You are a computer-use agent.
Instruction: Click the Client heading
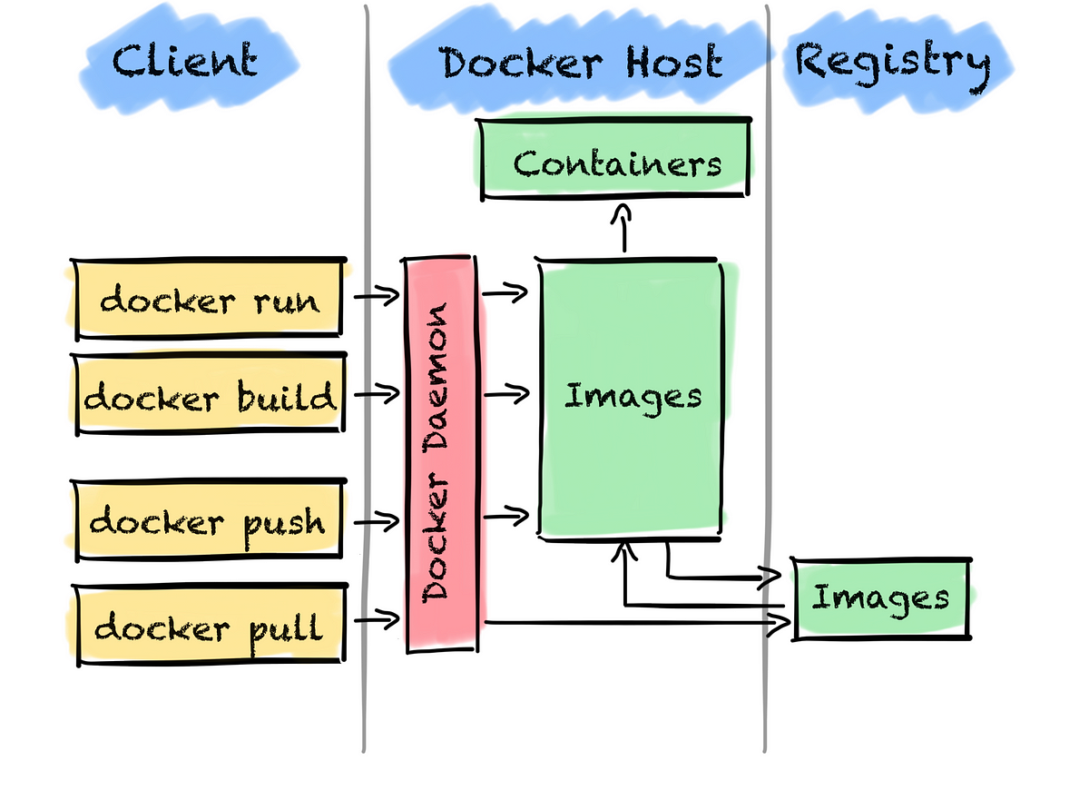(x=184, y=62)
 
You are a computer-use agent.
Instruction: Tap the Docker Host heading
(x=581, y=64)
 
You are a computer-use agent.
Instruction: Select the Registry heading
(x=892, y=62)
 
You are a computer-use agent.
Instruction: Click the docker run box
(x=209, y=298)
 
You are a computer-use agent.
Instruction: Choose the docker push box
(x=208, y=521)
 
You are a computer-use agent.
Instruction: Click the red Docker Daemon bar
(x=441, y=454)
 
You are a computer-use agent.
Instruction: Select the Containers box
(x=616, y=163)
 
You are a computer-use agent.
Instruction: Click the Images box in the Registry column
(x=880, y=598)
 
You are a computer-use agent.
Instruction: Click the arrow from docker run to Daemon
(x=376, y=295)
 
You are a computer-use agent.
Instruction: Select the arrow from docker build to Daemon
(x=376, y=394)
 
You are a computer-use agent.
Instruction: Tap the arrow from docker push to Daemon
(x=376, y=521)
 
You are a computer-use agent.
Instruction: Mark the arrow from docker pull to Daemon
(x=376, y=619)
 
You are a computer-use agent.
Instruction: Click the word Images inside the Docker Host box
(x=633, y=397)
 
